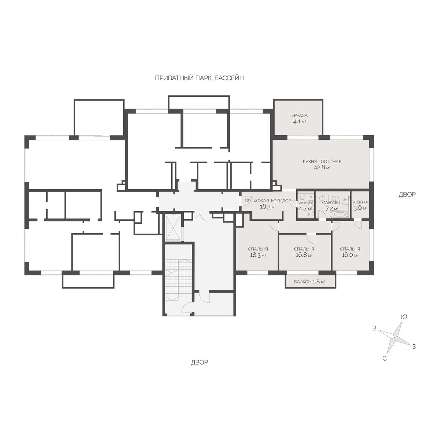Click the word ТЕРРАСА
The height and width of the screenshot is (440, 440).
298,115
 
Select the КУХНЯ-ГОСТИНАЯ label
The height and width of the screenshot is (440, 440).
322,161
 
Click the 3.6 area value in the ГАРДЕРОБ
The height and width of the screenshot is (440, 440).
357,208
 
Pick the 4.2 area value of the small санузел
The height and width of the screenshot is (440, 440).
302,209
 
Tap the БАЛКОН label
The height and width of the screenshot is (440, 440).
302,282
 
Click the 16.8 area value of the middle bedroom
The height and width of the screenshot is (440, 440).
301,255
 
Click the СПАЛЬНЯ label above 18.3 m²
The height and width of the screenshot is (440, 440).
258,249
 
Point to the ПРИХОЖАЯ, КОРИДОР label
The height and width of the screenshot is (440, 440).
268,201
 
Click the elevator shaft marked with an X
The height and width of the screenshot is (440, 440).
173,228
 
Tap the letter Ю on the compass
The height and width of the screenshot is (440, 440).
404,317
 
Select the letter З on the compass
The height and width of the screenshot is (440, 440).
414,346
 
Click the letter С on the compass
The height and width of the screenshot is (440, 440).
385,358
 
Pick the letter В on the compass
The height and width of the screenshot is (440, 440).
374,328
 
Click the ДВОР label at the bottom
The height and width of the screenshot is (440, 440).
199,362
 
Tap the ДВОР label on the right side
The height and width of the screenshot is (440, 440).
407,194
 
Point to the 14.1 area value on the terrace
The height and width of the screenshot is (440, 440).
295,121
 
